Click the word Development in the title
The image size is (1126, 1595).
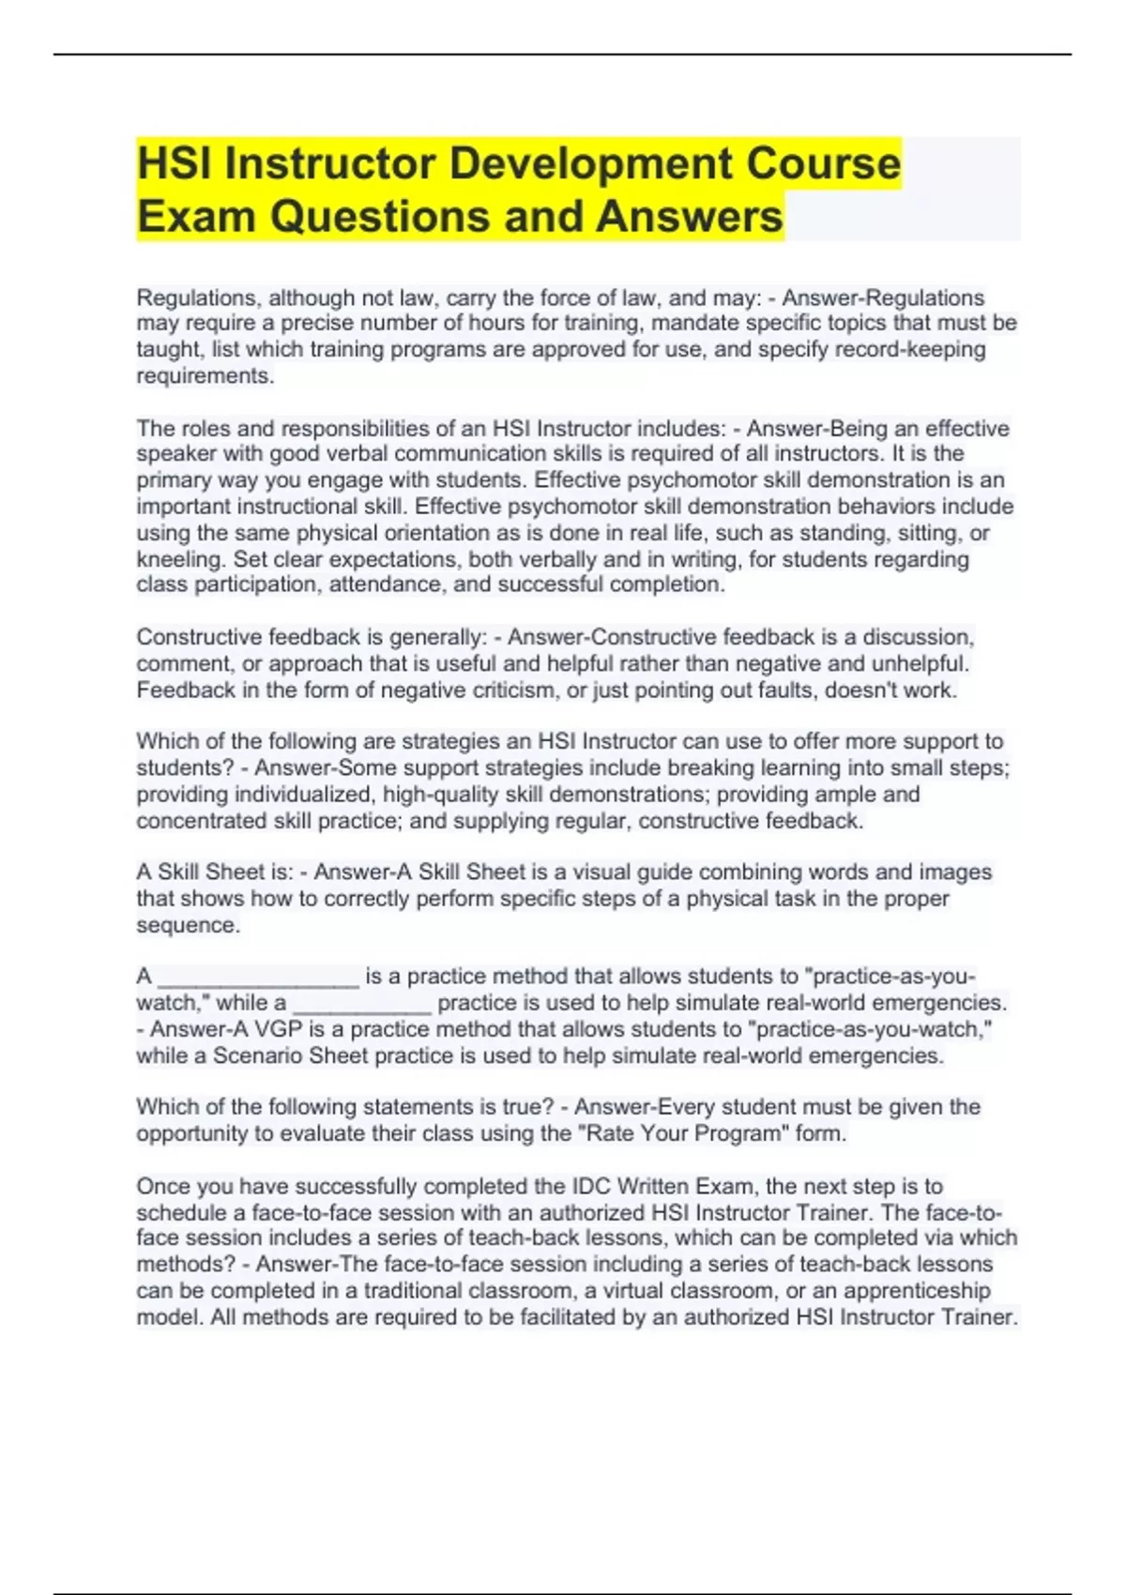[x=590, y=164]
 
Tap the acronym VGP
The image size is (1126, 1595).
[x=277, y=1029]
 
